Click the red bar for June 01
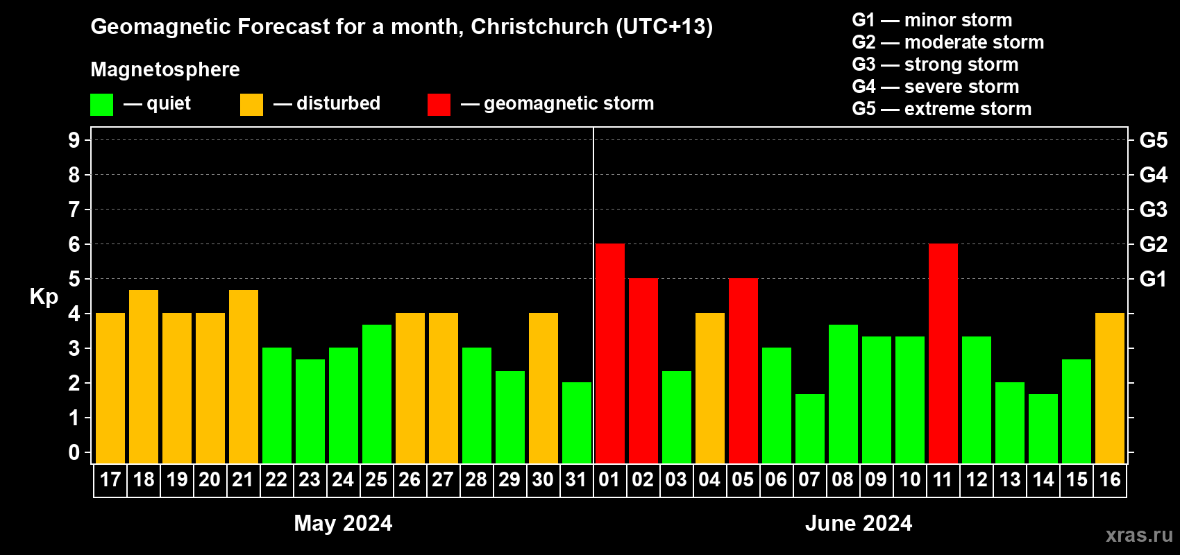609,353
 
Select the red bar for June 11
943,353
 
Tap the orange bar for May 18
144,376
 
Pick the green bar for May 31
576,422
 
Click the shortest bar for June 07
809,428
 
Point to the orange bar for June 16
1109,388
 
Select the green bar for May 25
376,393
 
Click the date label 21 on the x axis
243,480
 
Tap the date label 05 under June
743,480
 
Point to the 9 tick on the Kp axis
74,140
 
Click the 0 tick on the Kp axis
74,452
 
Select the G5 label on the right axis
1153,140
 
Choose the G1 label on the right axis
1153,279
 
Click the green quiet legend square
101,105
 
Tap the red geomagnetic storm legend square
439,105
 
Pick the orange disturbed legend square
251,105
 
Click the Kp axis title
44,296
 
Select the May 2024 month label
343,523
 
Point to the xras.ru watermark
1139,535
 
